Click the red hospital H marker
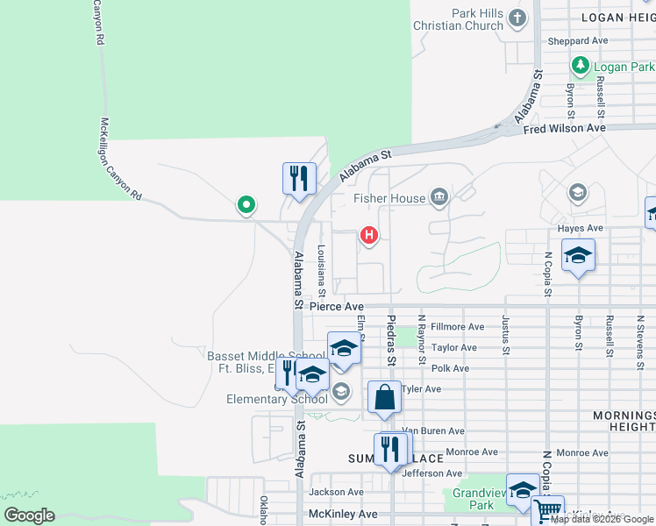point(370,235)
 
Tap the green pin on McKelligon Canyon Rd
point(246,205)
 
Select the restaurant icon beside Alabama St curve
point(299,178)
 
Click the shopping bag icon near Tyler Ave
point(384,398)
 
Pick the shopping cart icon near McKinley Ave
point(547,510)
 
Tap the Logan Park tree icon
point(579,66)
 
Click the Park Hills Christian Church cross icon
point(518,18)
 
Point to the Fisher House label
point(389,198)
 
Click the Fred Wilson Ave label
point(564,128)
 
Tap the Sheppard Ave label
point(577,41)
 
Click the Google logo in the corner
point(29,515)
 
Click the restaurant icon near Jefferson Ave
point(390,449)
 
